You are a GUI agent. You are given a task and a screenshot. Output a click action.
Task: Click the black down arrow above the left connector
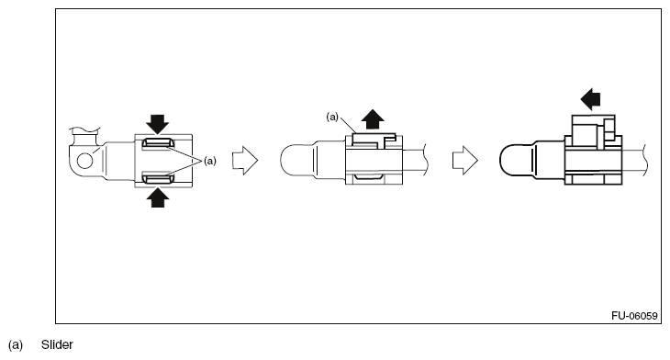[158, 124]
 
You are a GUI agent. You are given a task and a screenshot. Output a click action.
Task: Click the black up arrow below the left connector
[158, 198]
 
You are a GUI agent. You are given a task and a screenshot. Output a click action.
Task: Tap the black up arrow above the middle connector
[373, 118]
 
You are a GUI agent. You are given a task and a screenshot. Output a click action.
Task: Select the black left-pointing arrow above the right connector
[590, 99]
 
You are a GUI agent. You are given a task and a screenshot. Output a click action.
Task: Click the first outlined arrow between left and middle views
[245, 161]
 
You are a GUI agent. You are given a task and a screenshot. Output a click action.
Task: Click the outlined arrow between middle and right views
[465, 161]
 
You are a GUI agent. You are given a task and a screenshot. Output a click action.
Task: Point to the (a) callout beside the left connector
[210, 161]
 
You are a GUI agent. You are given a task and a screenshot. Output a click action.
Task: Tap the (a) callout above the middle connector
[332, 117]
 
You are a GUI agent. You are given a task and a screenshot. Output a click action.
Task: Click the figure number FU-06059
[634, 316]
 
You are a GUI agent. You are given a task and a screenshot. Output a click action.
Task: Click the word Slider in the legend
[57, 344]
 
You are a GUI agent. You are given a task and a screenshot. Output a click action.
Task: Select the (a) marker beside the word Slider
[16, 344]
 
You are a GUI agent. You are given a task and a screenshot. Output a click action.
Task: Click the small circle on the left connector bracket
[84, 161]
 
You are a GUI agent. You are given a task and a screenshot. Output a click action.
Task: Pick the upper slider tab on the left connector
[157, 143]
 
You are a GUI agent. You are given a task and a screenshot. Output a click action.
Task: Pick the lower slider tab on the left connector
[157, 177]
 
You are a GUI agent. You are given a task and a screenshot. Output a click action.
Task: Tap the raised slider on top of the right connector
[594, 131]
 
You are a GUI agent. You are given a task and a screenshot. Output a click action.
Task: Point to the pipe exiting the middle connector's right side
[415, 160]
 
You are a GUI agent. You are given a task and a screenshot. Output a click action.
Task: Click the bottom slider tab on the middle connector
[368, 176]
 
